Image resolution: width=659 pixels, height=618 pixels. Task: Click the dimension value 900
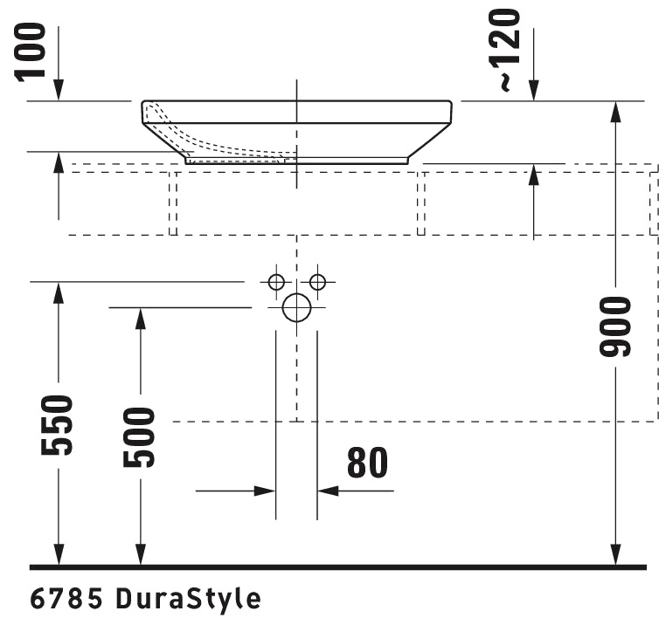(616, 326)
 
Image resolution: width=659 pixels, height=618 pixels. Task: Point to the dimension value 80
(367, 463)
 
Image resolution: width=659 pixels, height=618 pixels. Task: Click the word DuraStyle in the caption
(188, 599)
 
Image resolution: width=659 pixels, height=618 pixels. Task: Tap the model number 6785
(68, 599)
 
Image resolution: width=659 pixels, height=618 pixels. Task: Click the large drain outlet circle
(297, 307)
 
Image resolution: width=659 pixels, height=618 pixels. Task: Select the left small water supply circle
(276, 282)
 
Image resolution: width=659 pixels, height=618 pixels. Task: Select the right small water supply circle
(317, 282)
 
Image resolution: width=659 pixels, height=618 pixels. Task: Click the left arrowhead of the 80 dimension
(266, 491)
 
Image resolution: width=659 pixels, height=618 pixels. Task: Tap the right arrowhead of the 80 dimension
(328, 491)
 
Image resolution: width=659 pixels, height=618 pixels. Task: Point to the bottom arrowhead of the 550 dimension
(59, 554)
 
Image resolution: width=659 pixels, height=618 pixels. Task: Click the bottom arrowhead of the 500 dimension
(139, 554)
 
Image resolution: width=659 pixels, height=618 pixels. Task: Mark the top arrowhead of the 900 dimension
(616, 112)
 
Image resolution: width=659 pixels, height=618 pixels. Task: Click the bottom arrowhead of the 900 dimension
(616, 554)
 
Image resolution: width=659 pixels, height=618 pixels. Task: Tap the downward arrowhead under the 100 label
(59, 90)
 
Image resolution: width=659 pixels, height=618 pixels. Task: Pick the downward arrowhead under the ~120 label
(534, 90)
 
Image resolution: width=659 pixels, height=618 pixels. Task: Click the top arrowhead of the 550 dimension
(59, 292)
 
